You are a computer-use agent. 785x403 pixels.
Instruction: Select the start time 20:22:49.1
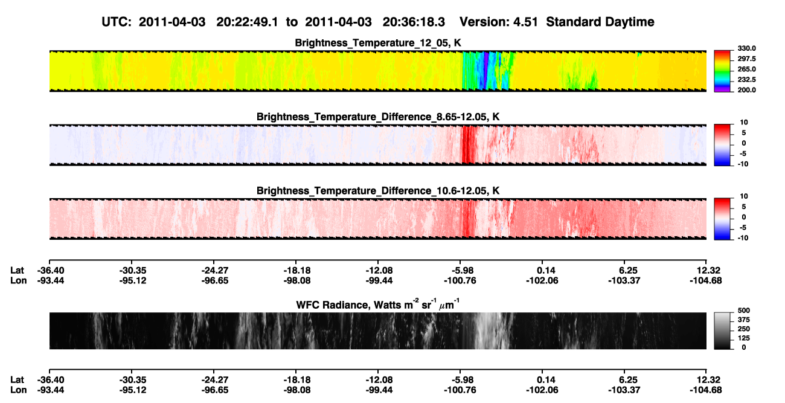[x=247, y=22]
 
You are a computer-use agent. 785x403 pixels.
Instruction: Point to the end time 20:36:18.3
[x=414, y=22]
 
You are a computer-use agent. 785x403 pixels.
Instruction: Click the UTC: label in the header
[x=117, y=22]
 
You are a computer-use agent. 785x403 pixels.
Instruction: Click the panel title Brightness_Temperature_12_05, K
[x=378, y=43]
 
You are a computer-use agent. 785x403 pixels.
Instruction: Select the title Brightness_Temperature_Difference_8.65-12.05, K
[x=378, y=117]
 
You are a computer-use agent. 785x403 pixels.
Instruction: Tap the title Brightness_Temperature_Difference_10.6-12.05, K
[x=378, y=191]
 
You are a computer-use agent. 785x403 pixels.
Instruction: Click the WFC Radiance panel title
[x=378, y=305]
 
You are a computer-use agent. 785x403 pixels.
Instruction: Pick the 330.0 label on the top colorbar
[x=746, y=48]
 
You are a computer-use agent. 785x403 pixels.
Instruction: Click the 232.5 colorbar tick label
[x=746, y=80]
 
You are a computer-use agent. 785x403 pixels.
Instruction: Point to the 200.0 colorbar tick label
[x=746, y=90]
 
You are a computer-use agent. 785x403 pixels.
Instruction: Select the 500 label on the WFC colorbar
[x=744, y=311]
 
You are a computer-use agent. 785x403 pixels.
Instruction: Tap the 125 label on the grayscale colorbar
[x=744, y=338]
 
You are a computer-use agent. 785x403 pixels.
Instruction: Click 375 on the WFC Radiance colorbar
[x=744, y=320]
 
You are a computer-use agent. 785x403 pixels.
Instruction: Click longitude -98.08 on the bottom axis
[x=297, y=390]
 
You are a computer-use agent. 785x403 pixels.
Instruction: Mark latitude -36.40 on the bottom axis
[x=51, y=379]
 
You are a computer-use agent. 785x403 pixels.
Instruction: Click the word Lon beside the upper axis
[x=18, y=280]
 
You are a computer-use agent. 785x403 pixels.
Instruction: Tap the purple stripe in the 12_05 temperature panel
[x=486, y=71]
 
